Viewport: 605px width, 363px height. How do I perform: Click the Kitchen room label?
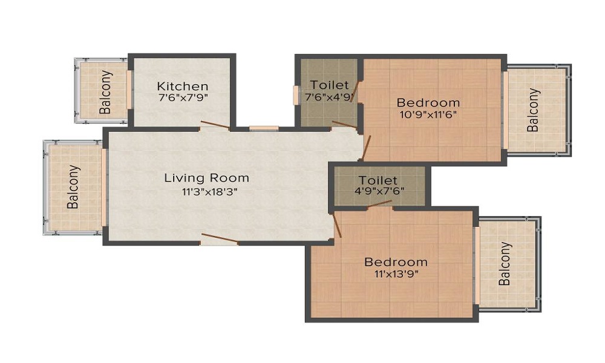183,86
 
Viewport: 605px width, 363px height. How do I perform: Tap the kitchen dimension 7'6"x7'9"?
183,97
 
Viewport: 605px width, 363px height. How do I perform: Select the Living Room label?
207,178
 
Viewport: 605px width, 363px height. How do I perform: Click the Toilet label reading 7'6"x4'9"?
330,85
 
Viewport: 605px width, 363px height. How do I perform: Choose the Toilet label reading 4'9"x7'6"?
378,180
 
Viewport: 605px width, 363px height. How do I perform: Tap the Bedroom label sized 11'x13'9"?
396,262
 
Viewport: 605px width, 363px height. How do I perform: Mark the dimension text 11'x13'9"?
396,273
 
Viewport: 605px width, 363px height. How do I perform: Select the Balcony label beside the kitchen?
106,93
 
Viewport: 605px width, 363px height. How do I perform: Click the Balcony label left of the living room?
73,187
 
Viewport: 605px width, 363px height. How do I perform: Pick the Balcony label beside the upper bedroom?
533,110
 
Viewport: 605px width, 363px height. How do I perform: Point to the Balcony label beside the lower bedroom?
506,264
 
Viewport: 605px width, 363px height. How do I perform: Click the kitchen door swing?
215,125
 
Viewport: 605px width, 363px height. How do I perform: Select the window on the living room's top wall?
264,128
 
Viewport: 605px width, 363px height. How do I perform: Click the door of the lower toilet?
379,206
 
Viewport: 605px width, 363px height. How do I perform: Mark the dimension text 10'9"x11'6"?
428,114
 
